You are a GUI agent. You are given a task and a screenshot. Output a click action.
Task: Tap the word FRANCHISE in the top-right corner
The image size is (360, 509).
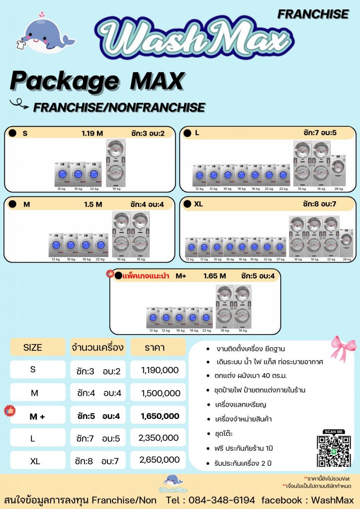pos(313,14)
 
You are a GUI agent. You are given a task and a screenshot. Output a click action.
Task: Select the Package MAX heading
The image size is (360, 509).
pos(97,81)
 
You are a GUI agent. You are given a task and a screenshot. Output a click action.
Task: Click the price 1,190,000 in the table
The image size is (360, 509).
pos(160,370)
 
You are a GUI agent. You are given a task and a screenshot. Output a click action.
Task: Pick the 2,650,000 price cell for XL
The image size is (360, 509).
pos(159,460)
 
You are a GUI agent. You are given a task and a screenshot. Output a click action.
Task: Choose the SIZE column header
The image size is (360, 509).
pos(33,347)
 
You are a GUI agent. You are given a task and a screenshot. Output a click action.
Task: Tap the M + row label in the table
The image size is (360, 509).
pos(37,417)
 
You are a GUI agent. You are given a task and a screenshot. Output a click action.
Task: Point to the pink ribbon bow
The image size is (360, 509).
pos(342,348)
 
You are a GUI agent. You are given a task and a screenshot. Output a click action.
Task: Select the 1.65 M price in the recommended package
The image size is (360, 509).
pos(214,276)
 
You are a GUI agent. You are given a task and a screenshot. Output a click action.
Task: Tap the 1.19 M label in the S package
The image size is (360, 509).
pos(92,133)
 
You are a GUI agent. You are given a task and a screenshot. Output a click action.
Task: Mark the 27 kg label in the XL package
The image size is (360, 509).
pos(279,259)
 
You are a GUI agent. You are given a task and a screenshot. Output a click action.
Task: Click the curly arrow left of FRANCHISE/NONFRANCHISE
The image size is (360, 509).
pos(19,104)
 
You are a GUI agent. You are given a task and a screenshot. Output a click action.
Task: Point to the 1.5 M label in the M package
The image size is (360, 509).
pos(93,204)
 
